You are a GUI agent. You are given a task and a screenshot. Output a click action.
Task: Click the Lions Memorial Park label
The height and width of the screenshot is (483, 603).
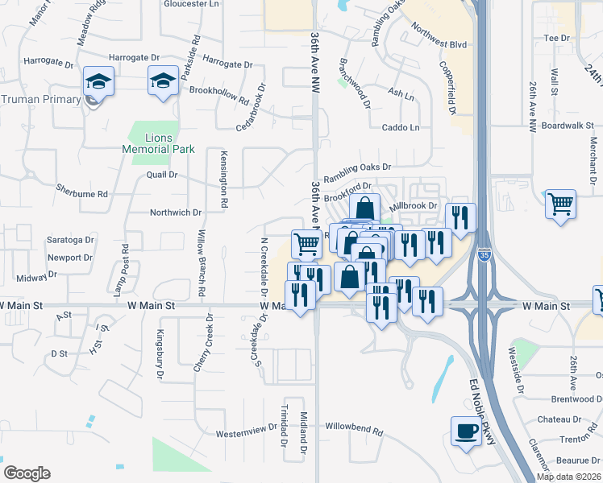158,143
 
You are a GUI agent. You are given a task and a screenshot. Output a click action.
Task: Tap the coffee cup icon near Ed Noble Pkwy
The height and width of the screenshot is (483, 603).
465,431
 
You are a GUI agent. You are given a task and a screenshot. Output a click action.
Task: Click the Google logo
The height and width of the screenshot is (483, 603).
27,473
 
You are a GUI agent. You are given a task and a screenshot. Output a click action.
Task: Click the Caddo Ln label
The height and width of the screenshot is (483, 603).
401,127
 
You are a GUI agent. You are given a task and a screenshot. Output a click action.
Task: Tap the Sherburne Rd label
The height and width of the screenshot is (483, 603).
81,194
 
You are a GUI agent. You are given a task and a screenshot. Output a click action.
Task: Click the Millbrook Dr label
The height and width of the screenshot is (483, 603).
414,206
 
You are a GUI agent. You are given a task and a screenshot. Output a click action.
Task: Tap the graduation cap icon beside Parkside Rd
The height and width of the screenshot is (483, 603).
162,80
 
